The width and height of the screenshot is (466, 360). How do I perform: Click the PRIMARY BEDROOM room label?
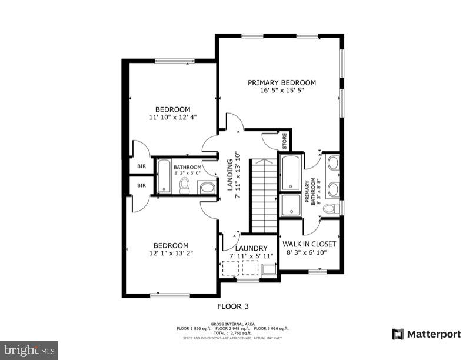(281, 82)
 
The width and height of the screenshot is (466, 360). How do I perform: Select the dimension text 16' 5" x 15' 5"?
(281, 91)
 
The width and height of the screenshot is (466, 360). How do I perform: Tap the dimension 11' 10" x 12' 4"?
(172, 117)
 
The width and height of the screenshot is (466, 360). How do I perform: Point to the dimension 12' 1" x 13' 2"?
(171, 254)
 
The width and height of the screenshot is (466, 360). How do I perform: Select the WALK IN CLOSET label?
(309, 244)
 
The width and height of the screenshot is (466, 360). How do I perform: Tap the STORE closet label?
(284, 141)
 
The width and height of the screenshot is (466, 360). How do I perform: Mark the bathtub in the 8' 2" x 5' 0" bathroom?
(164, 176)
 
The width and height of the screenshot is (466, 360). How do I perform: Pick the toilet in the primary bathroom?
(331, 209)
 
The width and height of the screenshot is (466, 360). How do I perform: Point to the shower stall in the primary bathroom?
(291, 205)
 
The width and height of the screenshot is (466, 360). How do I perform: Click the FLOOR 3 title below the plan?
(233, 306)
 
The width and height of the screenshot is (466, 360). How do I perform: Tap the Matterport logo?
(427, 334)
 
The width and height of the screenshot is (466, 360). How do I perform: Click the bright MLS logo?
(29, 350)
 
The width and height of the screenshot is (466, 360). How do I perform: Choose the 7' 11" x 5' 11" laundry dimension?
(251, 256)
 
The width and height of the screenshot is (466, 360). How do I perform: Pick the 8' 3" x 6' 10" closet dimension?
(307, 252)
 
